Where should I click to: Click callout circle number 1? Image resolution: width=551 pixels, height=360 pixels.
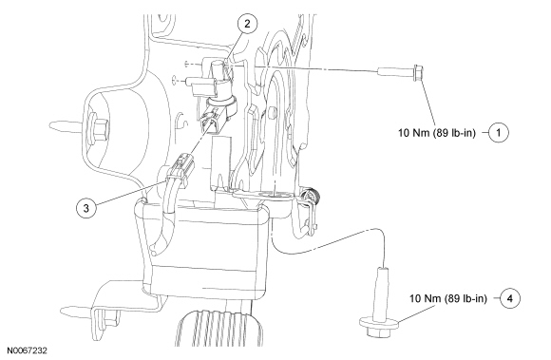tap(499, 132)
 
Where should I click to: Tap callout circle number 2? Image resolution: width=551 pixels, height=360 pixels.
tap(247, 24)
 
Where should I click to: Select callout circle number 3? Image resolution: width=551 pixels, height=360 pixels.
tap(86, 208)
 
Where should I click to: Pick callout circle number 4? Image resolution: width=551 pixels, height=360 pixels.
tap(510, 298)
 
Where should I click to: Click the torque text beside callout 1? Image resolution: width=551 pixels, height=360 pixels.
tap(437, 133)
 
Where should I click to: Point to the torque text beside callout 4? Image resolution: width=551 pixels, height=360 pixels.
tap(448, 298)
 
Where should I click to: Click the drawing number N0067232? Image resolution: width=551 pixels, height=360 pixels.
tap(28, 351)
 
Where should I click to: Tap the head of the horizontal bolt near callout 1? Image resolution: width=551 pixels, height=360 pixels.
tap(418, 73)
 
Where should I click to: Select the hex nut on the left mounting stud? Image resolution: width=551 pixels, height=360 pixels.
tap(100, 129)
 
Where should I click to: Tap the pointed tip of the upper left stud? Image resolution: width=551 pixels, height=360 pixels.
tap(51, 124)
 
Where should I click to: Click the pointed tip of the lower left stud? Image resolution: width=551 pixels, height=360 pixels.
tap(62, 311)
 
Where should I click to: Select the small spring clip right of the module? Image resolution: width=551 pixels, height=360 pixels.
tap(309, 210)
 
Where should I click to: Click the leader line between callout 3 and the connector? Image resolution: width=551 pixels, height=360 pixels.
tap(132, 193)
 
